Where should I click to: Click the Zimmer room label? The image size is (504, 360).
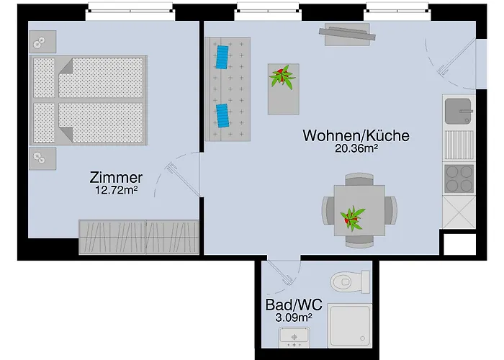116,177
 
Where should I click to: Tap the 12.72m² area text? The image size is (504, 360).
116,191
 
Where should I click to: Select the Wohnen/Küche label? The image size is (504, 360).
356,135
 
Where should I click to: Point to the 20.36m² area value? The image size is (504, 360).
356,149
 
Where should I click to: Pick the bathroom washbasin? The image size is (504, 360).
294,336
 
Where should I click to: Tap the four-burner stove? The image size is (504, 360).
458,177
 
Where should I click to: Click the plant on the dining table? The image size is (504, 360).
353,216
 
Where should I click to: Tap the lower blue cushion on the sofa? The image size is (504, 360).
222,114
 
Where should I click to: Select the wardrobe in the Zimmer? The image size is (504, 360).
138,237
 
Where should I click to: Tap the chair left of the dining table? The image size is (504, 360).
328,210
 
